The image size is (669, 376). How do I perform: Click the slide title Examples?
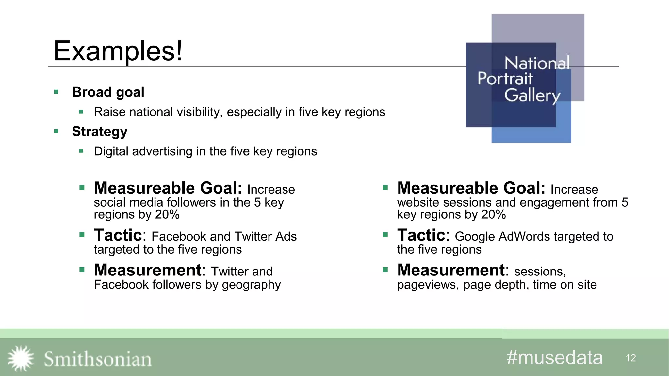coord(118,51)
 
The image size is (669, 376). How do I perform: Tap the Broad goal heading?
coord(108,92)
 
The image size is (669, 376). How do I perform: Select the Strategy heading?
coord(100,132)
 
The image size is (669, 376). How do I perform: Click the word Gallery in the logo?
coord(532,95)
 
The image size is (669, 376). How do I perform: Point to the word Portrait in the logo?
coord(505,78)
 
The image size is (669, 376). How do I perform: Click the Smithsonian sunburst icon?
coord(21,358)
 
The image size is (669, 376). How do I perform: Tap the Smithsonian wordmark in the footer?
coord(98,359)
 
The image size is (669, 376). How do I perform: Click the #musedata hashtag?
coord(554,358)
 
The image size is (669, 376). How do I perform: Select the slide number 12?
coord(631,358)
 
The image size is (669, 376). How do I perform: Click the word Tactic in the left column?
coord(118,235)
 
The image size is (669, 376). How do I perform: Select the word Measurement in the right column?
coord(451,270)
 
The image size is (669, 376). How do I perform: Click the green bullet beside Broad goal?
coord(56,92)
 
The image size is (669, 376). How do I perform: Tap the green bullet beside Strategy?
coord(56,132)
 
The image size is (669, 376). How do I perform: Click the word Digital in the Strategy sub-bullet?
coord(111,151)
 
